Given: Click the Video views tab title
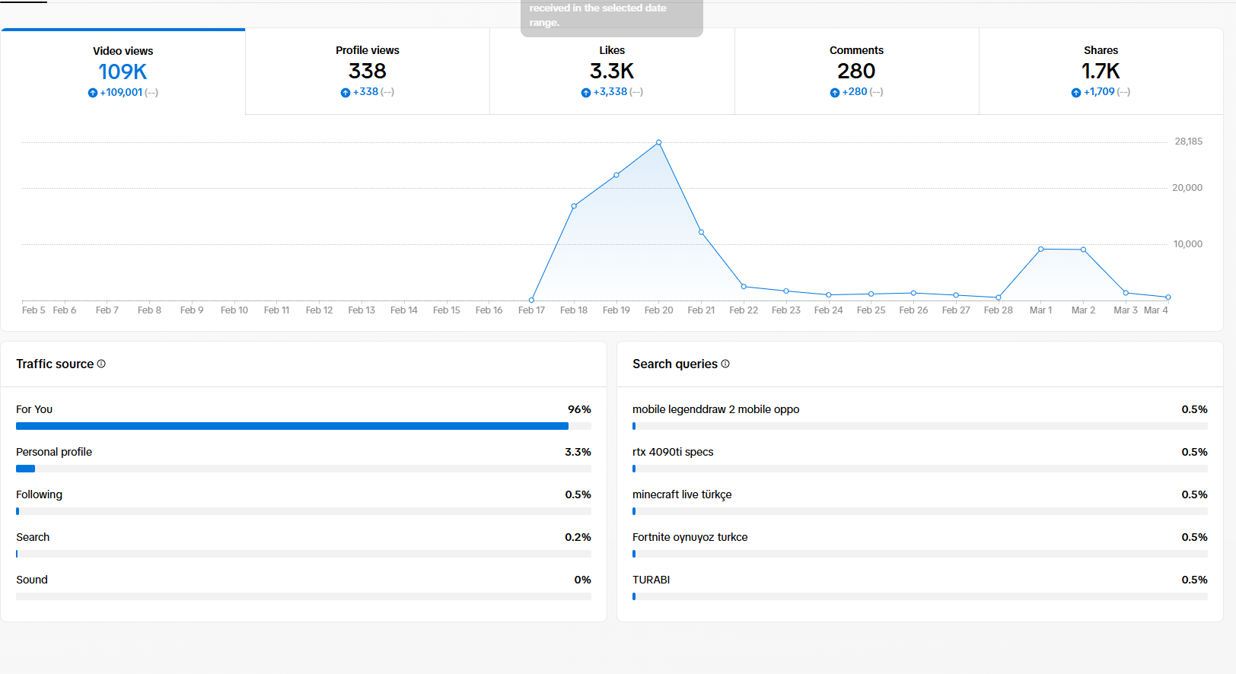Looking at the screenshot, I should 123,51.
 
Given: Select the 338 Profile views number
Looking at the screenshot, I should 368,72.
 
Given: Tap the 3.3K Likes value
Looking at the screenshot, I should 612,72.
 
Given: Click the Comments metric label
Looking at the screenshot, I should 856,50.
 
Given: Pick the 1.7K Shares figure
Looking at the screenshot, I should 1101,72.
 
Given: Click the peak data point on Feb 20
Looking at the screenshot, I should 658,142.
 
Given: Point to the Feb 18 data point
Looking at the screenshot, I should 574,206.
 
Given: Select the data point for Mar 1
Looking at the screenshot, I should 1040,250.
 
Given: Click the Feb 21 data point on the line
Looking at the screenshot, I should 701,232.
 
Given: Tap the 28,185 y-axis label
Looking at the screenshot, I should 1188,141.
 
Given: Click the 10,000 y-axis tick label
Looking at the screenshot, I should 1187,244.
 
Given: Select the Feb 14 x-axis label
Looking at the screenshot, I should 403,310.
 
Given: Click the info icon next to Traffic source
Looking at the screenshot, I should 101,364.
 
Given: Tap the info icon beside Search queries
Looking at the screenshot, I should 725,364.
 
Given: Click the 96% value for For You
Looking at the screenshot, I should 579,409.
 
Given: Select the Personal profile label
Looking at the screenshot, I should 54,452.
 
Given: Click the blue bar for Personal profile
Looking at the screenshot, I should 25,469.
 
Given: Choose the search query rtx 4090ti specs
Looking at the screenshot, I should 673,452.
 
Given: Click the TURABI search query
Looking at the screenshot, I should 651,580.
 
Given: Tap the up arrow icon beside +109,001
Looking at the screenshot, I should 92,93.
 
